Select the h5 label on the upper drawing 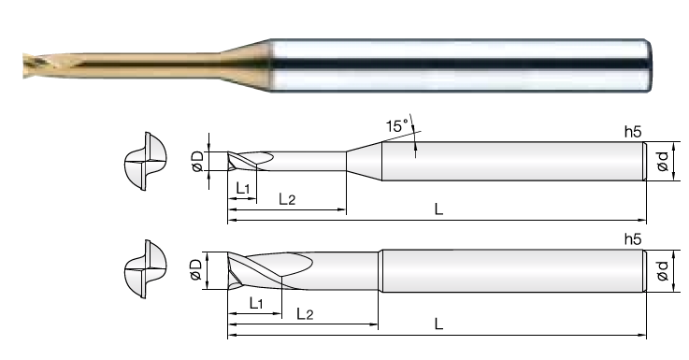pyautogui.click(x=633, y=132)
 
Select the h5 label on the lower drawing pyautogui.click(x=633, y=239)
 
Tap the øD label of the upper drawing pyautogui.click(x=198, y=162)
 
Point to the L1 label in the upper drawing pyautogui.click(x=243, y=188)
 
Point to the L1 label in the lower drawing pyautogui.click(x=256, y=303)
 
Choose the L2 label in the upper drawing pyautogui.click(x=287, y=199)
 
